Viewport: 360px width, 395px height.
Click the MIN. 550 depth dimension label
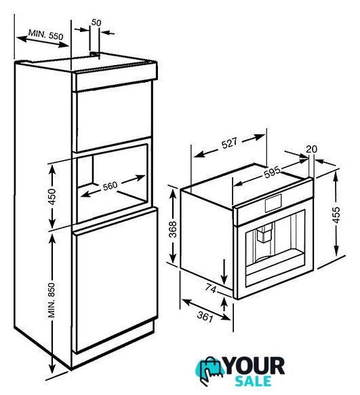click(x=46, y=35)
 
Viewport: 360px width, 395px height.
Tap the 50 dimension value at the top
click(x=96, y=22)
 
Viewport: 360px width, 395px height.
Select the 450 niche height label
click(x=52, y=197)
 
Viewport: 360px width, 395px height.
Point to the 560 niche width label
click(x=111, y=186)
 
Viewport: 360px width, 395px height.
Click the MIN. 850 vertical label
click(x=52, y=300)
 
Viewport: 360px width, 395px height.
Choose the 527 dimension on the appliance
click(x=229, y=143)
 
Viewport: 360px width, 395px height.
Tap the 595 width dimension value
click(x=272, y=172)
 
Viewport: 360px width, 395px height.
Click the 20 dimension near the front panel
click(x=311, y=149)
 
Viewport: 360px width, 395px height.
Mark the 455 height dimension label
click(x=336, y=214)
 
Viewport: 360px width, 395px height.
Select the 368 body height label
click(x=173, y=229)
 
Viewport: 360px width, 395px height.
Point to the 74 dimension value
click(x=211, y=288)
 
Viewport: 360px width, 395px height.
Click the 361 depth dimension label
click(x=205, y=316)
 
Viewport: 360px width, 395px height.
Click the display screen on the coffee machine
click(x=273, y=203)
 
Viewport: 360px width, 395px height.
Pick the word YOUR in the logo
click(x=255, y=366)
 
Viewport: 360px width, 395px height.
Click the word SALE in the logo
click(x=254, y=381)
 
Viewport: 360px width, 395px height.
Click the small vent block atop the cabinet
click(x=95, y=54)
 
